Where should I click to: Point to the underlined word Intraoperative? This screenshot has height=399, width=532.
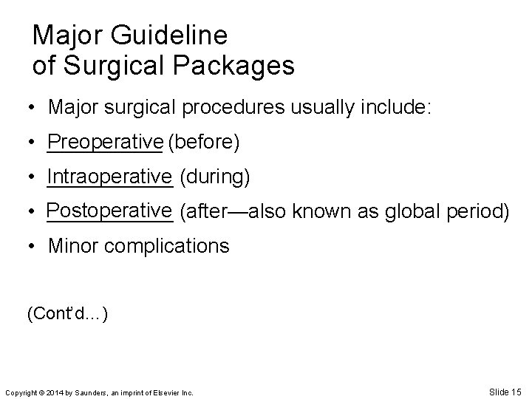(x=109, y=177)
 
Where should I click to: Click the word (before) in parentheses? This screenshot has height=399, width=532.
(x=203, y=142)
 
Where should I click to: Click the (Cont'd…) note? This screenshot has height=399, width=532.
(x=68, y=313)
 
